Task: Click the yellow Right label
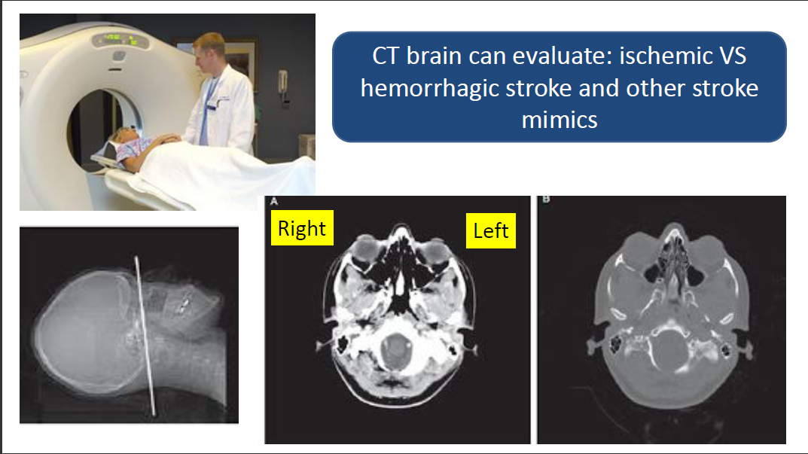pos(302,228)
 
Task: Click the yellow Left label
pos(490,230)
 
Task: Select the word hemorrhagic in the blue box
pos(430,89)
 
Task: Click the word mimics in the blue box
pos(560,120)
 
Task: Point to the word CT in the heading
pos(385,56)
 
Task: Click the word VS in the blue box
pos(733,56)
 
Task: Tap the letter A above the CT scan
pos(273,201)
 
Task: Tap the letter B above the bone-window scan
pos(546,200)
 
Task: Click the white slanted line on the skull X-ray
pos(145,336)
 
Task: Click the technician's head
pos(209,50)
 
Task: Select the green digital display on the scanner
pos(120,40)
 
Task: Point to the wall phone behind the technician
pos(283,87)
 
